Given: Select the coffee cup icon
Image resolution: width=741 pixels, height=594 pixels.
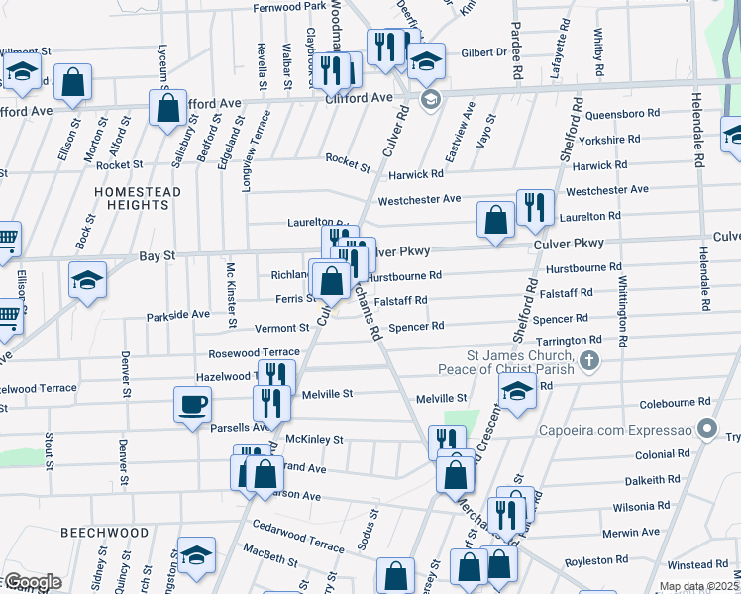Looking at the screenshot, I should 192,405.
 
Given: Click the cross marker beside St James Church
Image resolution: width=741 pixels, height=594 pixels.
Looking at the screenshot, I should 589,360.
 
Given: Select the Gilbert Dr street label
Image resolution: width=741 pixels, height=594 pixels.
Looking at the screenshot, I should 483,52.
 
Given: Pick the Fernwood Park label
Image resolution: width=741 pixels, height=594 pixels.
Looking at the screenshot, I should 289,6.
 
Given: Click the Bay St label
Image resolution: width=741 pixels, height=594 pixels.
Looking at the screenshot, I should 157,255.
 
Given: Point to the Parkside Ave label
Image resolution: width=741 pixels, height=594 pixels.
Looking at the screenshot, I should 178,314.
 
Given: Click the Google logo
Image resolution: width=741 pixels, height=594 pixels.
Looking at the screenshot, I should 32,582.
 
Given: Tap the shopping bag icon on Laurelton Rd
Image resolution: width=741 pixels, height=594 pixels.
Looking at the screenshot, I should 495,220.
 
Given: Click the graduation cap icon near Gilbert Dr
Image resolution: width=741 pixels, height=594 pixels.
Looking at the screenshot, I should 426,61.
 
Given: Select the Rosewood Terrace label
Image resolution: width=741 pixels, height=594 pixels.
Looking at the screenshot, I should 254,352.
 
